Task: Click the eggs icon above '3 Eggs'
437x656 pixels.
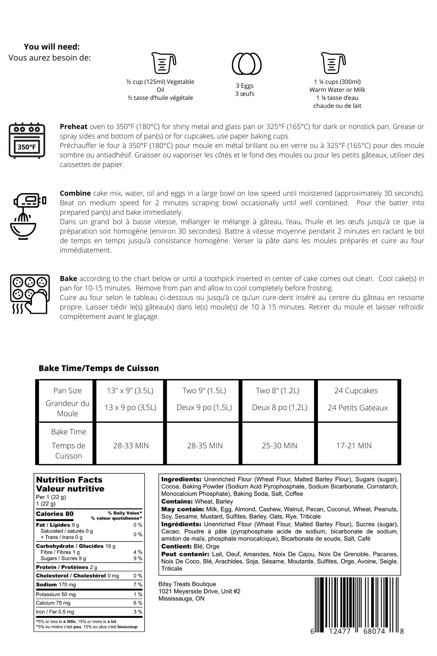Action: click(247, 63)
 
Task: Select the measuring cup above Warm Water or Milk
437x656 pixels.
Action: click(333, 63)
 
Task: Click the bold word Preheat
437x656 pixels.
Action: click(74, 127)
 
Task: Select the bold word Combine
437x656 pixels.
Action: click(75, 193)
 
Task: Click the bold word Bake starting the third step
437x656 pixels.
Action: click(68, 278)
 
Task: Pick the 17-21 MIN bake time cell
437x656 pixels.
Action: click(354, 445)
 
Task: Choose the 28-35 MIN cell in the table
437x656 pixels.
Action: click(205, 445)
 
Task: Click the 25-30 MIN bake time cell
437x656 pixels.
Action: click(279, 445)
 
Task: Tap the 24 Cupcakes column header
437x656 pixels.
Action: click(356, 391)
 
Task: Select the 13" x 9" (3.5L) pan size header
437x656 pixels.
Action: click(130, 391)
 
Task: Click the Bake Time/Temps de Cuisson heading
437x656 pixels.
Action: click(99, 368)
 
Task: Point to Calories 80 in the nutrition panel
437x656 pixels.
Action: click(55, 514)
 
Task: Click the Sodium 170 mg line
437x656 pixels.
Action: click(56, 585)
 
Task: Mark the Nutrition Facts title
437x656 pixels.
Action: click(69, 480)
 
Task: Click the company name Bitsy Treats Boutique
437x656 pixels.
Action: click(187, 584)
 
